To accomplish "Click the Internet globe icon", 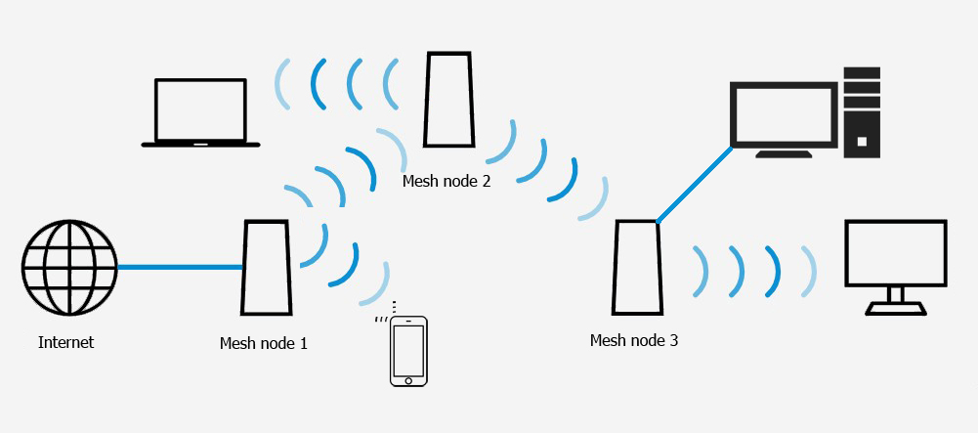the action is coord(69,268).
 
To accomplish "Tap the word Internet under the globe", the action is coord(66,342).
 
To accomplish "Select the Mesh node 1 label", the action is coord(263,343).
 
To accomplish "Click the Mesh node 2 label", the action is coord(446,182).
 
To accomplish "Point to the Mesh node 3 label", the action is coord(634,341).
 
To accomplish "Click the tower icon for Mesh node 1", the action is coord(267,267).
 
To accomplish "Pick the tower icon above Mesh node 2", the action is coord(448,100).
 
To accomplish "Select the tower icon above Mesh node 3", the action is coord(637,268).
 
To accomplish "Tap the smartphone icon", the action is coord(408,351).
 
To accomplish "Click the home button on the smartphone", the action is coord(408,380).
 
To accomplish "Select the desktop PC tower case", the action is coord(862,112).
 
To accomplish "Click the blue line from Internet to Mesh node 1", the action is coord(180,267).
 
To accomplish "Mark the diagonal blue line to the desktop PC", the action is coord(695,185).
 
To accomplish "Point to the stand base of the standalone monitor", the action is coord(896,308).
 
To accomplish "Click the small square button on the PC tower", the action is coord(862,142).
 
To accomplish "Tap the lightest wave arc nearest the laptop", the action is coord(283,84).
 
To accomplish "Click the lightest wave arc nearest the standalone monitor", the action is coord(810,272).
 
